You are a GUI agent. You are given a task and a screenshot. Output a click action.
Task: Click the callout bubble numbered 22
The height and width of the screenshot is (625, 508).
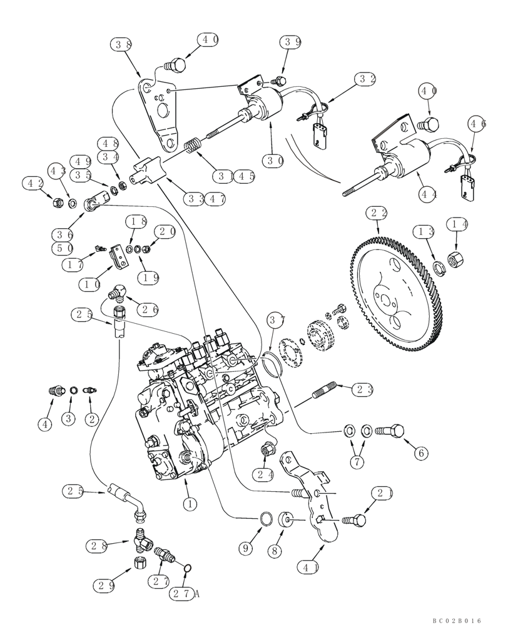pyautogui.click(x=378, y=214)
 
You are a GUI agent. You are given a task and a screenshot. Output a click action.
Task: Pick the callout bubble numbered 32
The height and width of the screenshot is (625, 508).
pyautogui.click(x=366, y=79)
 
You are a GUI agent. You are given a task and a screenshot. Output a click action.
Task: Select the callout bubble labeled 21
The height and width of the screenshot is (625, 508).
pyautogui.click(x=382, y=493)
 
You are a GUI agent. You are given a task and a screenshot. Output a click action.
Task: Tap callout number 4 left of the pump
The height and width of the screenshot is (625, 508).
pyautogui.click(x=44, y=424)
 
